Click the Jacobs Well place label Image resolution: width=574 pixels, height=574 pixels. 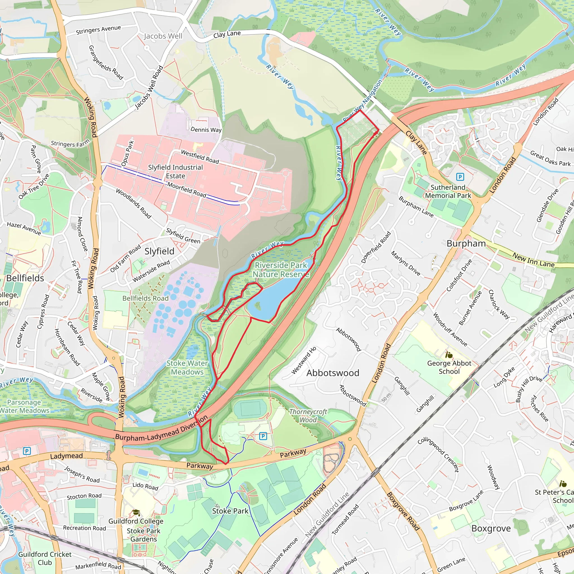tap(163, 36)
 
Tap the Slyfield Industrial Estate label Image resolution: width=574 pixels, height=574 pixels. tap(175, 172)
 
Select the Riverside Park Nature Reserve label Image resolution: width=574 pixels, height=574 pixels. tap(281, 269)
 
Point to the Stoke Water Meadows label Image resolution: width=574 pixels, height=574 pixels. tap(187, 367)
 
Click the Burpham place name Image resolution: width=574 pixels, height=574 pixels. tap(466, 243)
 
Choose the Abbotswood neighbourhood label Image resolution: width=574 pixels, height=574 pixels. tap(332, 373)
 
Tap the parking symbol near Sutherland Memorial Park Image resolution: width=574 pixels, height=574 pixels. tap(460, 177)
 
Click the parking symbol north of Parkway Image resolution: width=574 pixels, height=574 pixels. tap(263, 436)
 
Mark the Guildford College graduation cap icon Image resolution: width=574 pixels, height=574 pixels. tap(136, 513)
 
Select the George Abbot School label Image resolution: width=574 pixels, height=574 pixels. tap(449, 367)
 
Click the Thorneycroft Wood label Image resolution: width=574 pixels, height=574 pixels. tap(308, 416)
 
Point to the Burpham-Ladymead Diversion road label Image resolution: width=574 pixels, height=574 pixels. tap(161, 430)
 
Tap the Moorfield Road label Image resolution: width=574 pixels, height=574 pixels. tap(187, 189)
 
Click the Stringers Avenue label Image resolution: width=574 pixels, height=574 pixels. tap(98, 29)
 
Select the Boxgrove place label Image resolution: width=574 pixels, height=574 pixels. tap(491, 529)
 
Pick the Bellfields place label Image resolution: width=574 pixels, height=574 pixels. tap(25, 278)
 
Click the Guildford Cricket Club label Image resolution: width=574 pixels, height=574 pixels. tap(45, 558)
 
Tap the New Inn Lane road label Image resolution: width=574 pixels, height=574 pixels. tap(533, 260)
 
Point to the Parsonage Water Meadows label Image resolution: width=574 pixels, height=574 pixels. tap(25, 406)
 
